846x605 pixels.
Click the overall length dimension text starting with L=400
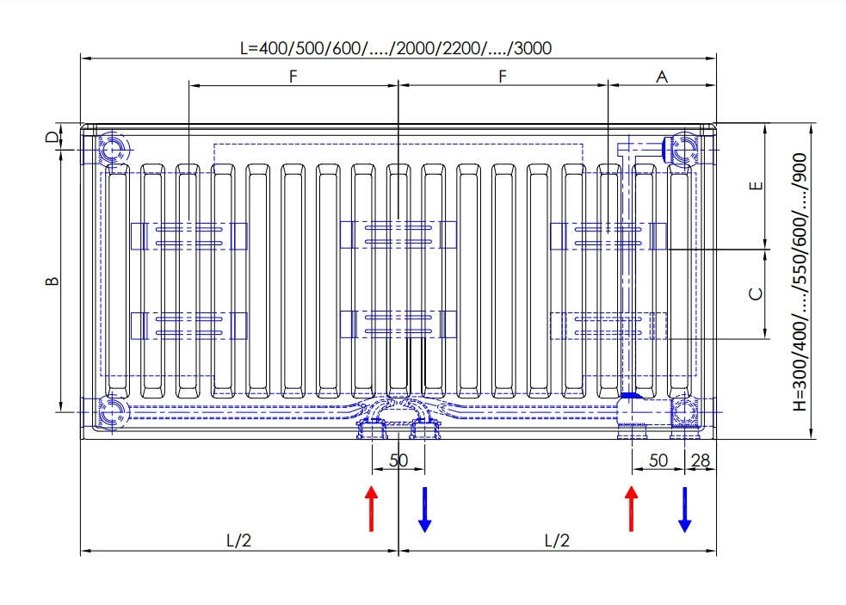point(395,48)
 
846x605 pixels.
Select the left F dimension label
point(293,77)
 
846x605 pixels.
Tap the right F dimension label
point(503,77)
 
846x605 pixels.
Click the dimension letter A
point(662,77)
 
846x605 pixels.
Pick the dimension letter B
point(52,281)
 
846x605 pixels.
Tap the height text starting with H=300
point(800,282)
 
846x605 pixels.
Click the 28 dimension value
point(701,460)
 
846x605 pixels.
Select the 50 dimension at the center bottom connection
point(398,460)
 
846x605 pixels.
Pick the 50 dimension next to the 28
point(658,460)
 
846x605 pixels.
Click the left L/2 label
point(239,540)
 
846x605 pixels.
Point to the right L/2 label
point(557,540)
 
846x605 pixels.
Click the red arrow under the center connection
point(371,509)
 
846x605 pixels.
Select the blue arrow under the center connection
point(424,509)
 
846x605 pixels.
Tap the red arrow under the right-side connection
point(632,509)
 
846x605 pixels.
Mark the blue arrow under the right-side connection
point(685,509)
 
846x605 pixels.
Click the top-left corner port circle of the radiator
point(110,150)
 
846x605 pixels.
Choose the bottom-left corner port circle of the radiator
point(110,411)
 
